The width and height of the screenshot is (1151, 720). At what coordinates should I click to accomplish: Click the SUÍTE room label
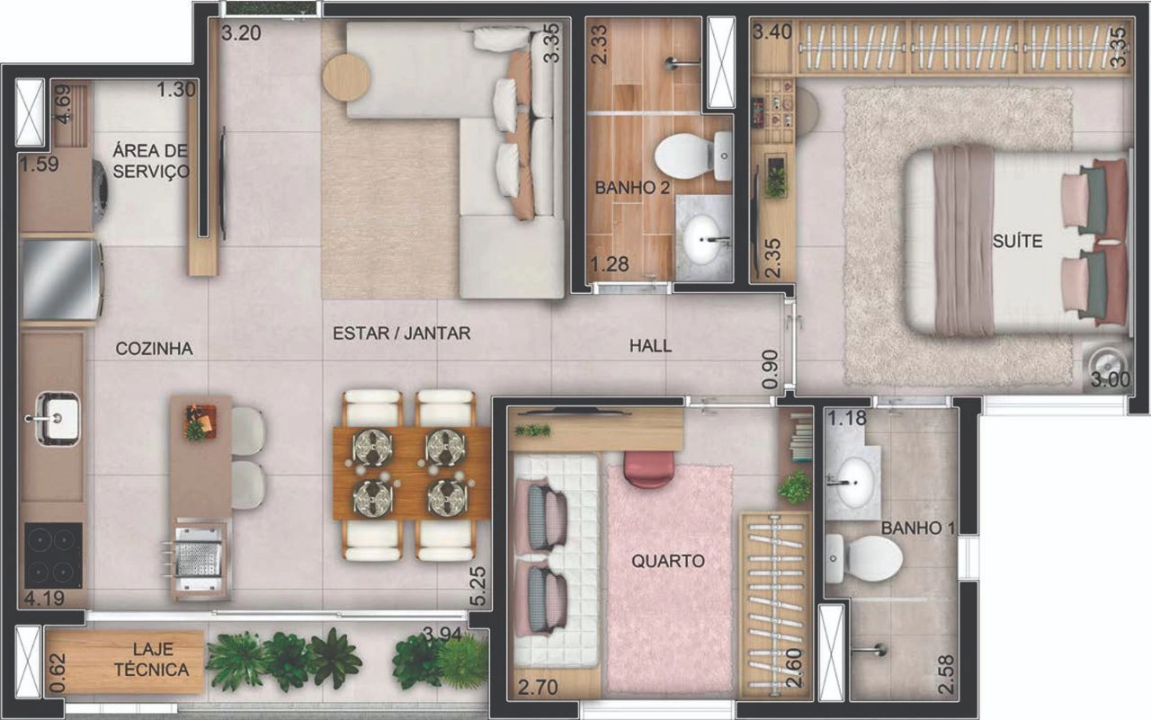[x=1017, y=241]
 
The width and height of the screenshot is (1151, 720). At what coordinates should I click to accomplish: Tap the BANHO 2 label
[x=632, y=188]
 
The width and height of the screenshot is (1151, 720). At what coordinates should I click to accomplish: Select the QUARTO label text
[x=667, y=561]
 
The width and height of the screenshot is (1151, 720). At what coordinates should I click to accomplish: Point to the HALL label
[x=650, y=346]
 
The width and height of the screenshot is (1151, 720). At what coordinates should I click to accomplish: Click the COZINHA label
[x=154, y=349]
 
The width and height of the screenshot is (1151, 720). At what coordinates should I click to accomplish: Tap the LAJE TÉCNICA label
[x=152, y=660]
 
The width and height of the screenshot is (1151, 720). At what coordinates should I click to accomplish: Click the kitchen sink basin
[x=57, y=416]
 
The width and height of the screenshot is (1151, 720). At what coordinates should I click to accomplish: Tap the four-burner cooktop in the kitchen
[x=53, y=556]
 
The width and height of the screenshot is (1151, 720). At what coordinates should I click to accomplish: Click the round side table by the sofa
[x=346, y=77]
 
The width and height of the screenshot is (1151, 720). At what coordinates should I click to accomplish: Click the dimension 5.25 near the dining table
[x=477, y=586]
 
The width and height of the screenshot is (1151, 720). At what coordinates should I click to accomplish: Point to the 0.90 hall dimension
[x=771, y=369]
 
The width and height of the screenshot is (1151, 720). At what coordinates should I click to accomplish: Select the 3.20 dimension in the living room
[x=241, y=33]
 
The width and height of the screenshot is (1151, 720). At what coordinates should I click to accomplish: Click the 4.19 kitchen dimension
[x=44, y=599]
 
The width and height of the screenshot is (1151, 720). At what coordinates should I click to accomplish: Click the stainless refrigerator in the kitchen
[x=60, y=280]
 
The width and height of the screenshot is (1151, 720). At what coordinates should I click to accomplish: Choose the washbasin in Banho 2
[x=702, y=239]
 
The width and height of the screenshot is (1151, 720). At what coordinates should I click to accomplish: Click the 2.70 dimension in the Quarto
[x=538, y=687]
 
